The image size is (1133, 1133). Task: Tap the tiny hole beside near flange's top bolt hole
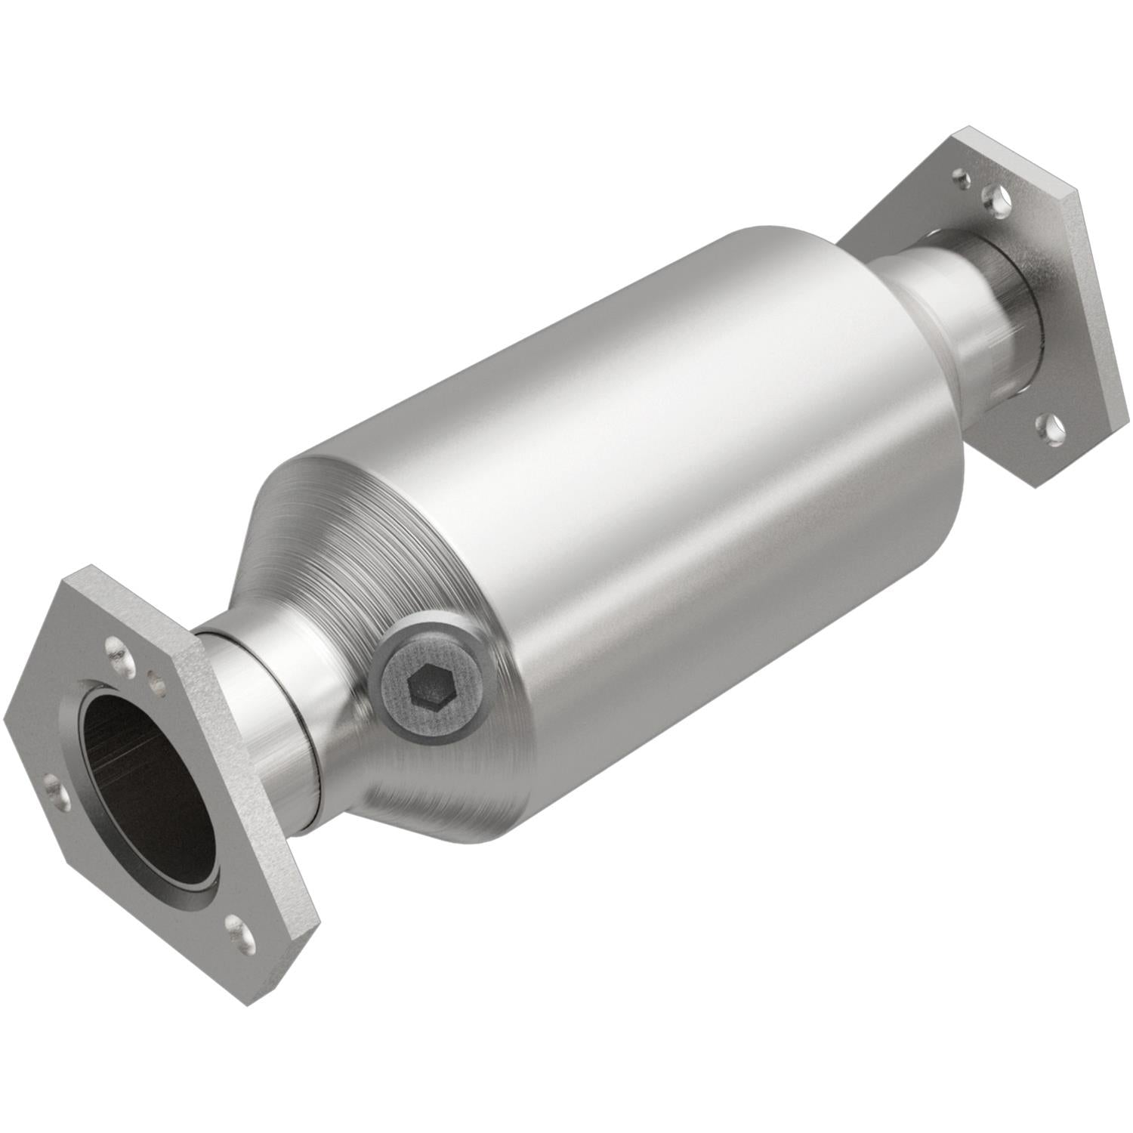click(157, 684)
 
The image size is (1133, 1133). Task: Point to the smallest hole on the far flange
click(960, 179)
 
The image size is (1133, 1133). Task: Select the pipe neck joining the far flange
click(974, 317)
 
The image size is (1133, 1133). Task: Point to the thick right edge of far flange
click(1088, 302)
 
